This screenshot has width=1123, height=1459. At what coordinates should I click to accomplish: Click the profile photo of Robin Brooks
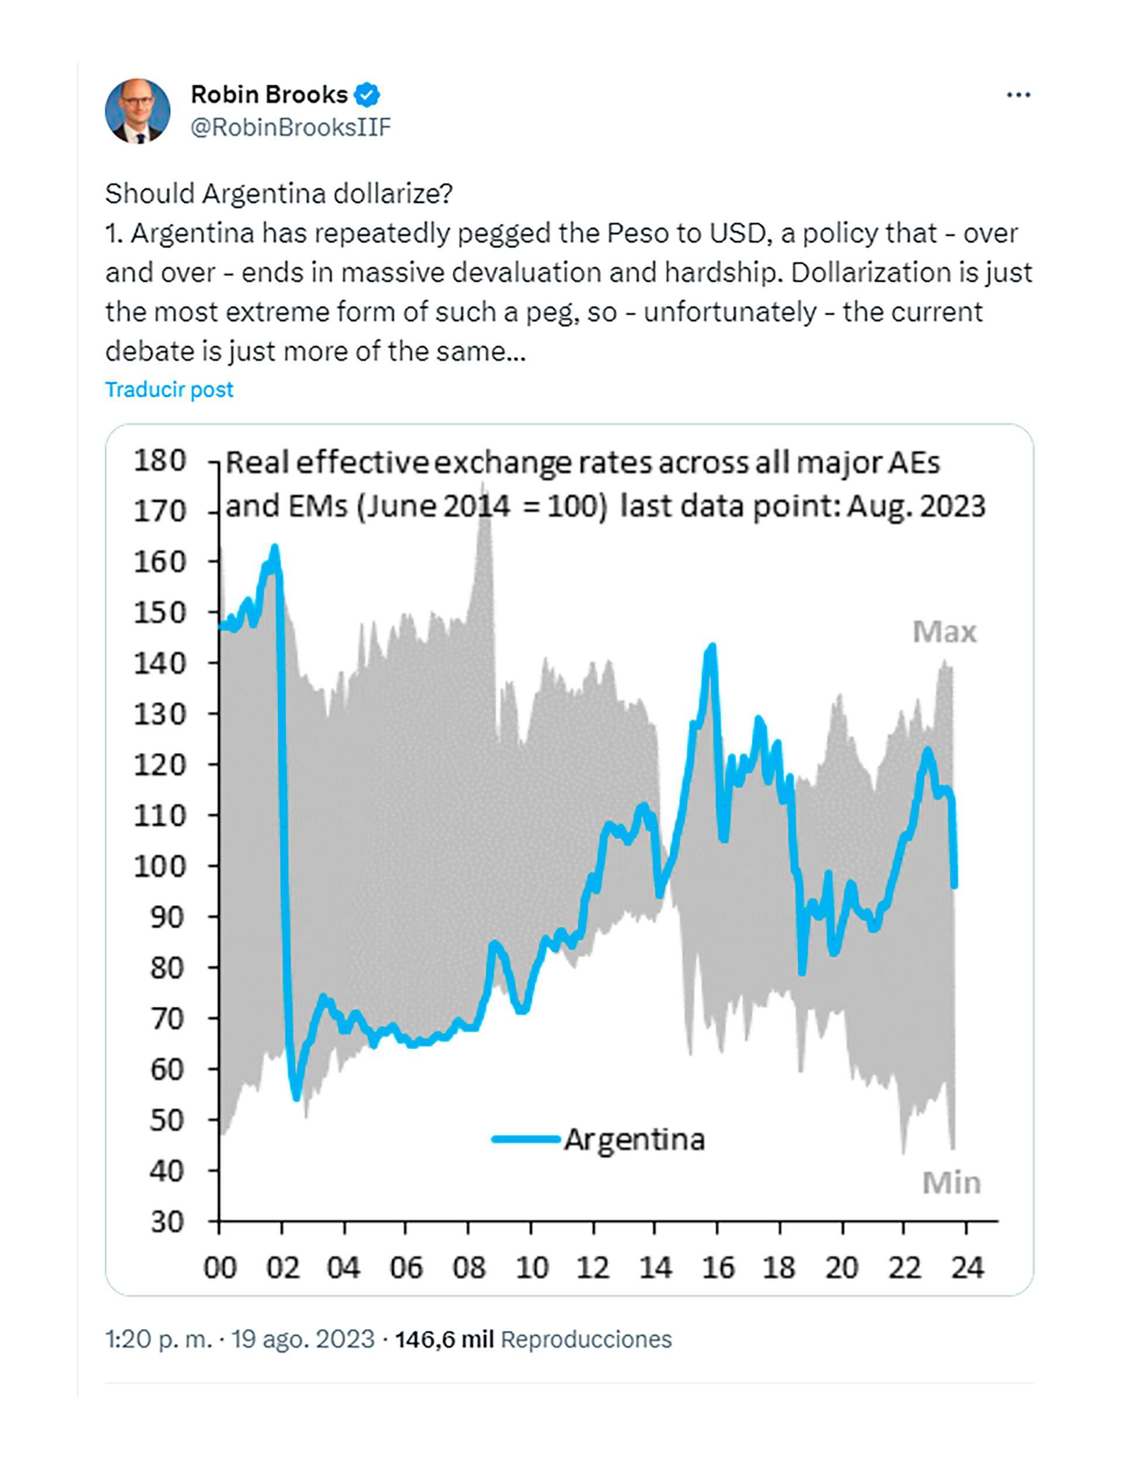137,111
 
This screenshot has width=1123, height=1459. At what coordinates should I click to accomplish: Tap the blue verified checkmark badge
366,95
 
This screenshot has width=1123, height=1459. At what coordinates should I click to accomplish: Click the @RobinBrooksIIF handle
290,127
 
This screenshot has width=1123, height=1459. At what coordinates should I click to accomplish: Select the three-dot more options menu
1018,95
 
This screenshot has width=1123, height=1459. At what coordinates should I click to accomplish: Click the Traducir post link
169,389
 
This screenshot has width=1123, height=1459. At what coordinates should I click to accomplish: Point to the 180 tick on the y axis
160,461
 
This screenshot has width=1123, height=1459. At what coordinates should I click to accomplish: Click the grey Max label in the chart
944,632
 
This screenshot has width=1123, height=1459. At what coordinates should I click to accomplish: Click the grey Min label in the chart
951,1183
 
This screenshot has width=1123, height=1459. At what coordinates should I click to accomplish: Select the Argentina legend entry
598,1140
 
